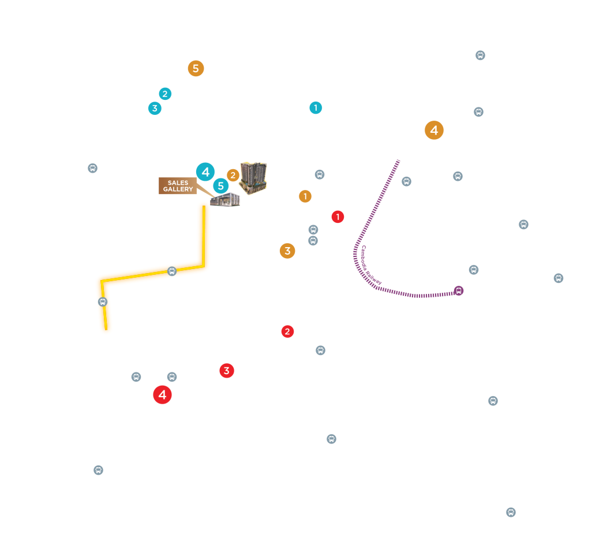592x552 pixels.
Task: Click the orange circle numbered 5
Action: [x=196, y=69]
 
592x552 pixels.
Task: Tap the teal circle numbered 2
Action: [x=165, y=94]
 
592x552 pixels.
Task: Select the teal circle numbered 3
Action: [x=155, y=108]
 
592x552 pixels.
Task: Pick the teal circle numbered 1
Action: [x=316, y=107]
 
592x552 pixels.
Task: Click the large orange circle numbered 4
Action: [x=434, y=130]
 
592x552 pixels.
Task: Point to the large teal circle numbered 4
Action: [x=205, y=172]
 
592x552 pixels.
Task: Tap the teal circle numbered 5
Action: [x=220, y=186]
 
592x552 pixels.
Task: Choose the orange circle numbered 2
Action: [x=233, y=175]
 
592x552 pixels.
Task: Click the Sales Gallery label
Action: [x=178, y=186]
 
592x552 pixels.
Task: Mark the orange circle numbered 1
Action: [x=305, y=196]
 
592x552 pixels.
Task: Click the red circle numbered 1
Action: [x=338, y=217]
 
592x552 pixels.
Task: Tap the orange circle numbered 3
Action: [x=287, y=251]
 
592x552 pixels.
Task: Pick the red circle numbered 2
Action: [x=287, y=331]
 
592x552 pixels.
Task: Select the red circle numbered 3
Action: [x=226, y=371]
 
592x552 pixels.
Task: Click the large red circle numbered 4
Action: [x=162, y=395]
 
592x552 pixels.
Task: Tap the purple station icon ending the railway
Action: [x=459, y=290]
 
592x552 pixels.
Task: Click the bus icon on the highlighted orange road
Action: [x=172, y=271]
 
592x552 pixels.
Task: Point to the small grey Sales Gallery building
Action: [x=225, y=200]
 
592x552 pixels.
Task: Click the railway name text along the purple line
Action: [x=370, y=266]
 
